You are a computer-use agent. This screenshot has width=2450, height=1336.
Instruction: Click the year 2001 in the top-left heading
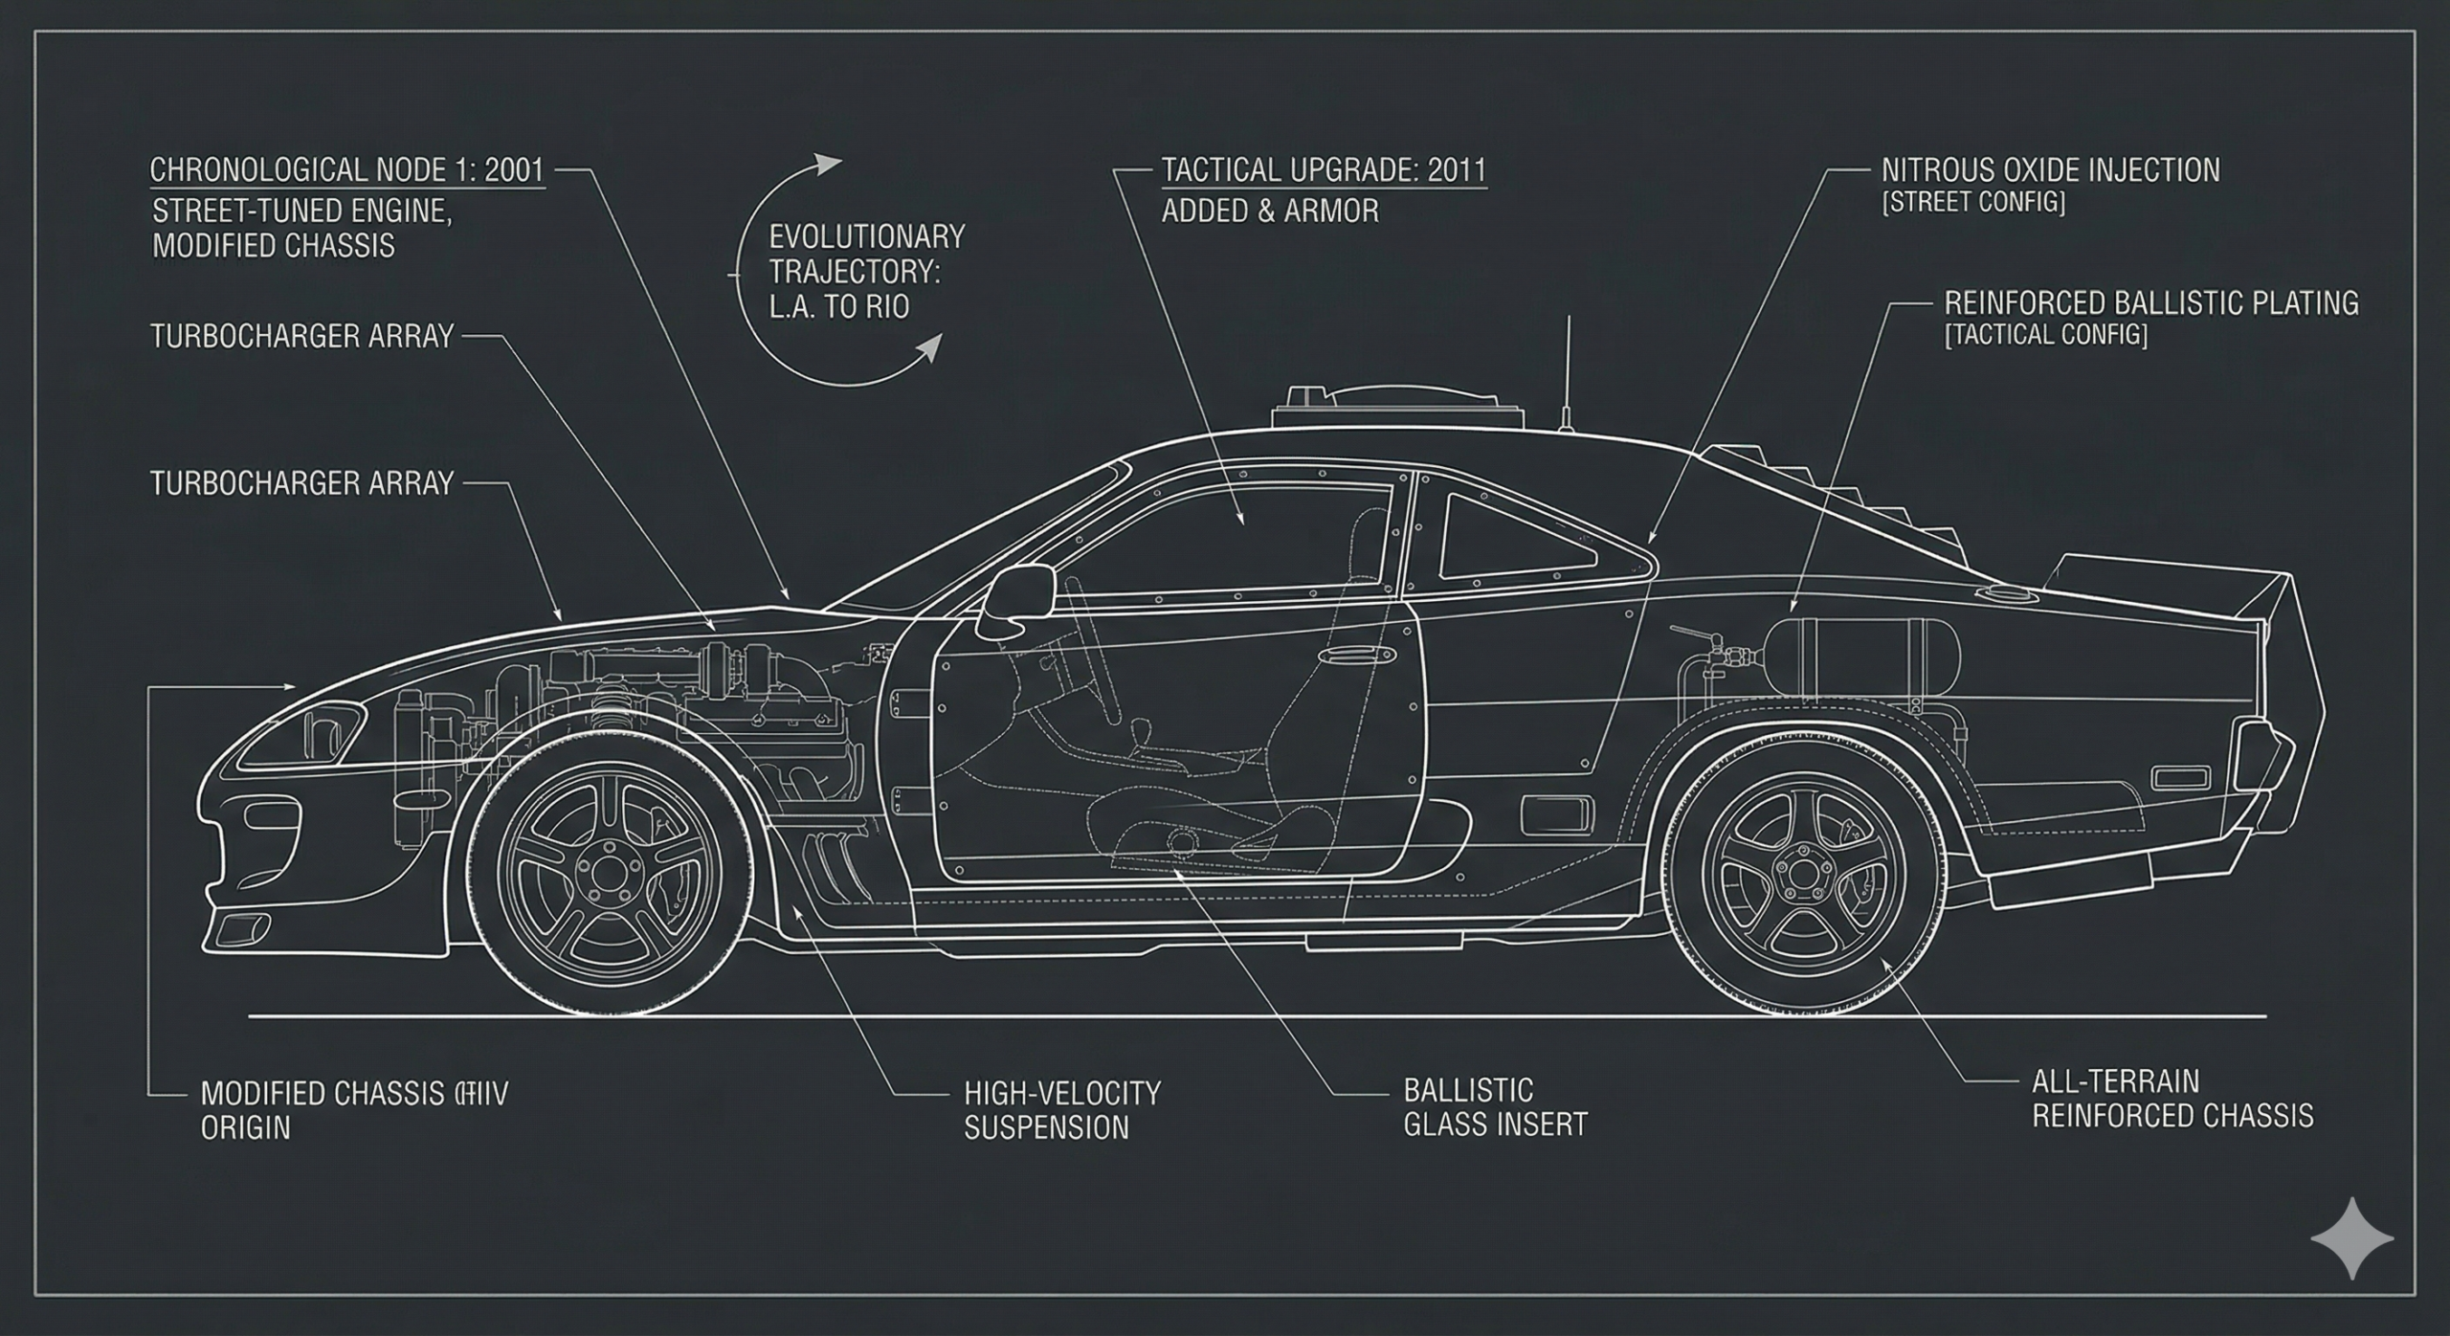pyautogui.click(x=514, y=170)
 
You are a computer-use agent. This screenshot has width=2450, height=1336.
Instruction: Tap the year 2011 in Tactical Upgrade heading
pyautogui.click(x=1456, y=170)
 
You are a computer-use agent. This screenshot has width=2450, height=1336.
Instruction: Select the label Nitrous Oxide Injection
pyautogui.click(x=2050, y=170)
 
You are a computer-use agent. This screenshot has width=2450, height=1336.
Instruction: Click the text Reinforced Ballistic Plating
pyautogui.click(x=2150, y=303)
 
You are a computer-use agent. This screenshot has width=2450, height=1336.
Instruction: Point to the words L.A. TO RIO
pyautogui.click(x=839, y=308)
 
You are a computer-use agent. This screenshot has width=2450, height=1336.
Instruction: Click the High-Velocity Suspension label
pyautogui.click(x=1061, y=1109)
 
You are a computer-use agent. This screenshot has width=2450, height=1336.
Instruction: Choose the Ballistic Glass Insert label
pyautogui.click(x=1495, y=1106)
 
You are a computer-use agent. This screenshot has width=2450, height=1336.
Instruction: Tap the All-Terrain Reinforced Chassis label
pyautogui.click(x=2172, y=1098)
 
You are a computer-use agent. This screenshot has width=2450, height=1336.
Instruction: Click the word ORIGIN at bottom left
pyautogui.click(x=245, y=1126)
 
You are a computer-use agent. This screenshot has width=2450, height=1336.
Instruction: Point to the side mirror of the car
pyautogui.click(x=1014, y=599)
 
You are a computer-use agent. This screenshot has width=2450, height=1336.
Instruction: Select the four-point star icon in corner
pyautogui.click(x=2351, y=1237)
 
